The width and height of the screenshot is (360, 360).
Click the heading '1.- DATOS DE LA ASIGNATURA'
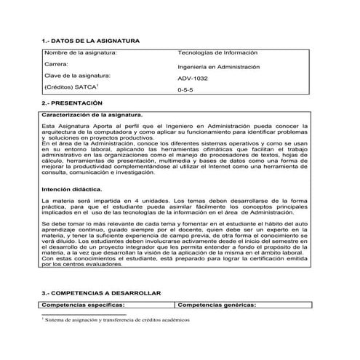[x=91, y=41]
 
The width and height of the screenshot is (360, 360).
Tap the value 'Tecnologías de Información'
[x=218, y=53]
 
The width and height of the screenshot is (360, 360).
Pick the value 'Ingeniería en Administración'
[x=219, y=67]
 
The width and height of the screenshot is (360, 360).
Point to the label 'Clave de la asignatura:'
[x=77, y=76]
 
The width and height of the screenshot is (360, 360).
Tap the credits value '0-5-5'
[x=185, y=92]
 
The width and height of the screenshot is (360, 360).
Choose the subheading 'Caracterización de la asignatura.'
[x=92, y=115]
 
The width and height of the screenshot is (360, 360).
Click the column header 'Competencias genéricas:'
[x=217, y=305]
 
